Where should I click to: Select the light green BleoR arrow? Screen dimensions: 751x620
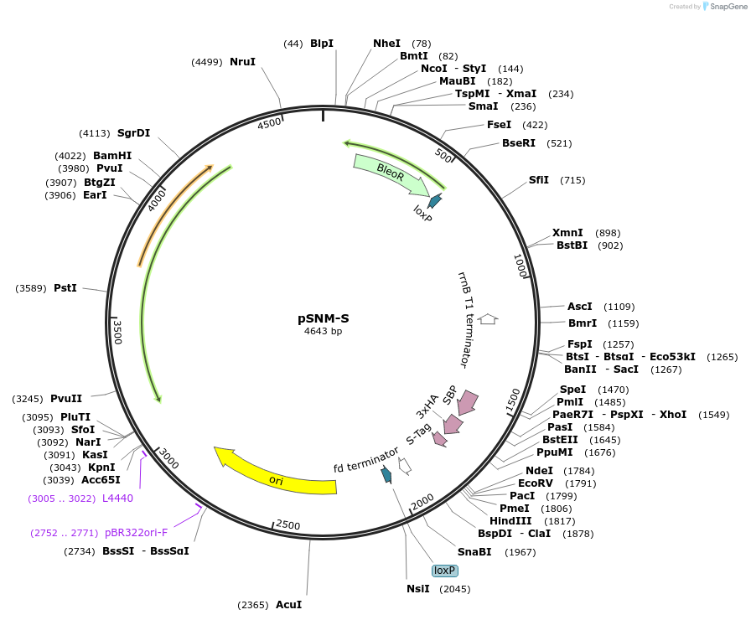(x=391, y=173)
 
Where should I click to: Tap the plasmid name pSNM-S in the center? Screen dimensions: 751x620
(x=324, y=318)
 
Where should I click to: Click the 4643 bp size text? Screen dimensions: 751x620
(x=324, y=331)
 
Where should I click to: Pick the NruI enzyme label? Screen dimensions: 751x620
(x=243, y=62)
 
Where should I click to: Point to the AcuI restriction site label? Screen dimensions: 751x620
(x=289, y=605)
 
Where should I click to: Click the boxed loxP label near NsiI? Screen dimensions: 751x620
(x=444, y=571)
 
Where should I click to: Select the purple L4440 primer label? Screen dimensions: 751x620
(x=118, y=499)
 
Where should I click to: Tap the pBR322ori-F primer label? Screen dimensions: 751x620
(x=136, y=533)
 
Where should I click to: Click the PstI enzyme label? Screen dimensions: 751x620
(x=65, y=288)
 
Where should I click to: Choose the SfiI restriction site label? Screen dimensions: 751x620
(x=539, y=180)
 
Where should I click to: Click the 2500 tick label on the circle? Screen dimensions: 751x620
(x=287, y=524)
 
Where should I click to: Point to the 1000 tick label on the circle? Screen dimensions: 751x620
(x=521, y=266)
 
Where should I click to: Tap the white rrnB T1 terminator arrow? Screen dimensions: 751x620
(x=488, y=319)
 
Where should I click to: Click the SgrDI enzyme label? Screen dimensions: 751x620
(x=133, y=133)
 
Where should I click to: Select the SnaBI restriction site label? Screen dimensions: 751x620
(x=474, y=552)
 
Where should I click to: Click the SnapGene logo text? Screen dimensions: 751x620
(x=728, y=6)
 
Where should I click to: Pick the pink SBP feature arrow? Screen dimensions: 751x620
(x=467, y=402)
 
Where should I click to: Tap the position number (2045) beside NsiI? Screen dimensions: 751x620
(x=455, y=589)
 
